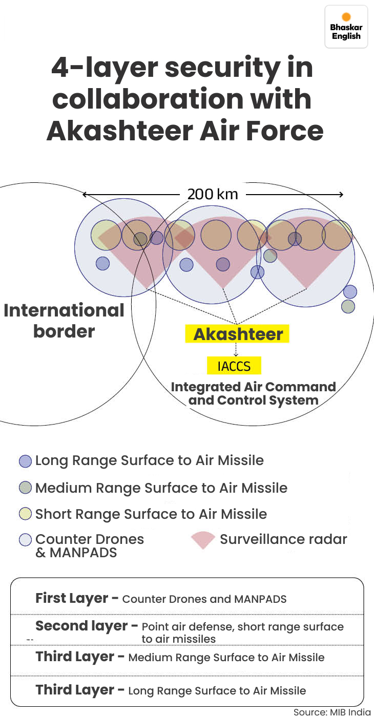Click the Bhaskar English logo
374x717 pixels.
coord(346,27)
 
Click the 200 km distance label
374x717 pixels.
coord(213,195)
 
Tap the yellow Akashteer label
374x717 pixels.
coord(238,334)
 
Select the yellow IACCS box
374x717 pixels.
coord(234,366)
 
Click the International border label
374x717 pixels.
coord(64,321)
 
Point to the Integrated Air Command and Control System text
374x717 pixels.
coord(253,393)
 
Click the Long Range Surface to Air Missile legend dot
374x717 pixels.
coord(25,461)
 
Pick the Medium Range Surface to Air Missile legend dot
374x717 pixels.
coord(25,488)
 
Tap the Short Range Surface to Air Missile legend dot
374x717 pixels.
coord(25,514)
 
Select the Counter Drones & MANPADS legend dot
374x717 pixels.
coord(25,539)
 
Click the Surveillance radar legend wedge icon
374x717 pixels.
coord(203,540)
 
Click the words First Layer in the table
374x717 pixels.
coord(71,598)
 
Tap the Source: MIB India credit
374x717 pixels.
coord(331,712)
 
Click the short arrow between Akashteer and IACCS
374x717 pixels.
coord(236,350)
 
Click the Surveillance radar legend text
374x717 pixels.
coord(283,539)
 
